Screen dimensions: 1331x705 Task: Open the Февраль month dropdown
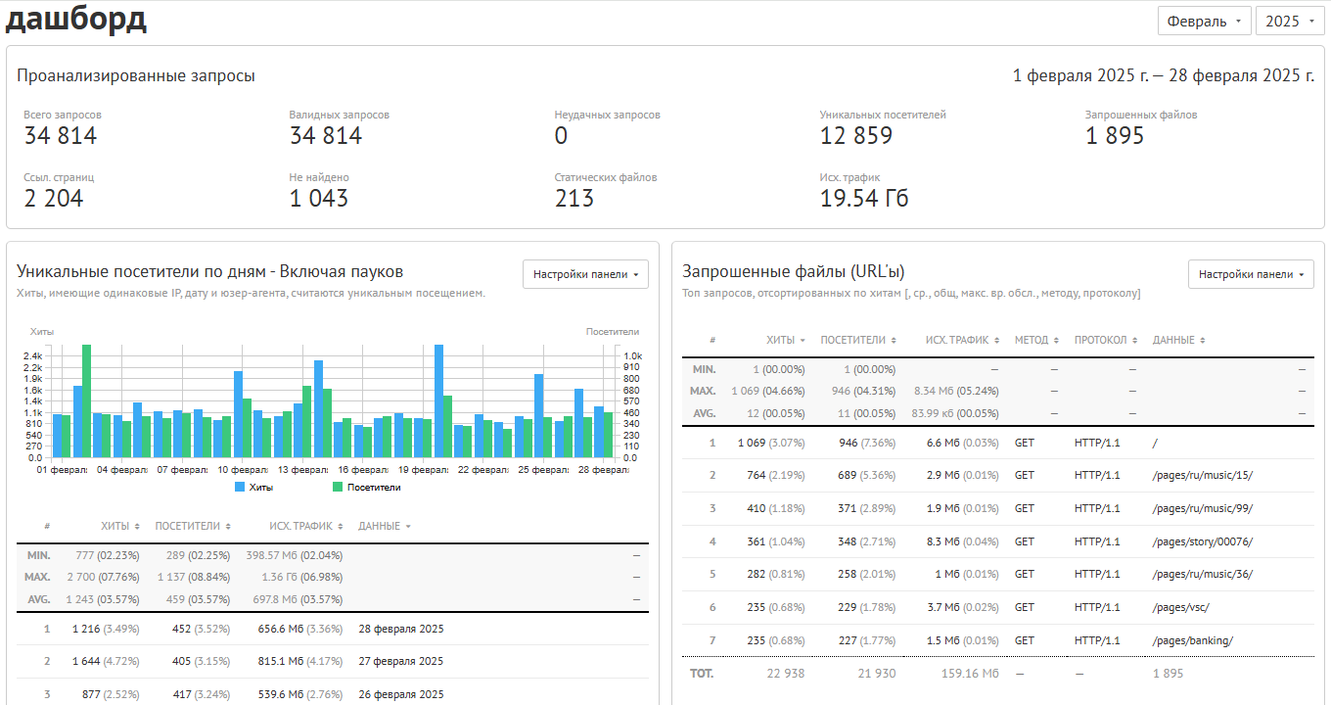tap(1204, 22)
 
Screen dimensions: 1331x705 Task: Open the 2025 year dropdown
tap(1289, 22)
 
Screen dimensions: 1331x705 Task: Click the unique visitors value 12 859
tap(856, 136)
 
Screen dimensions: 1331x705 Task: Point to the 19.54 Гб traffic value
tap(864, 199)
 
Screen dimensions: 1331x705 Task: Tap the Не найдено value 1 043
tap(318, 199)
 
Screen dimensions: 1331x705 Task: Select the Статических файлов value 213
tap(574, 199)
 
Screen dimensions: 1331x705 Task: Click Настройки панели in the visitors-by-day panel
tap(585, 274)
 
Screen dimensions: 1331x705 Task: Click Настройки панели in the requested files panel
tap(1251, 274)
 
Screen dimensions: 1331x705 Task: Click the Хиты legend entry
tap(254, 488)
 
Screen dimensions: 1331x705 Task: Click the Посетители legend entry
tap(367, 488)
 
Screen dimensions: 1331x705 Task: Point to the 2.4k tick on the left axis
tap(32, 356)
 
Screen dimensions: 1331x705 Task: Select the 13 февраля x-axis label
tap(302, 470)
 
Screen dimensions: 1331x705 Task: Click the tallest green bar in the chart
tap(86, 400)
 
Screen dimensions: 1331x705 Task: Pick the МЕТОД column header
tap(1036, 340)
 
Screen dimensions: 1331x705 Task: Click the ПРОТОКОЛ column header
tap(1105, 340)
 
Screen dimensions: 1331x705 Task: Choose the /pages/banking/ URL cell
tap(1192, 640)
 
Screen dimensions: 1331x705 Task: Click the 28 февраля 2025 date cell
tap(401, 629)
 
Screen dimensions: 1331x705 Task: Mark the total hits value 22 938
tap(786, 674)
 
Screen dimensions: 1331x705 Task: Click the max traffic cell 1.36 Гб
tap(302, 577)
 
